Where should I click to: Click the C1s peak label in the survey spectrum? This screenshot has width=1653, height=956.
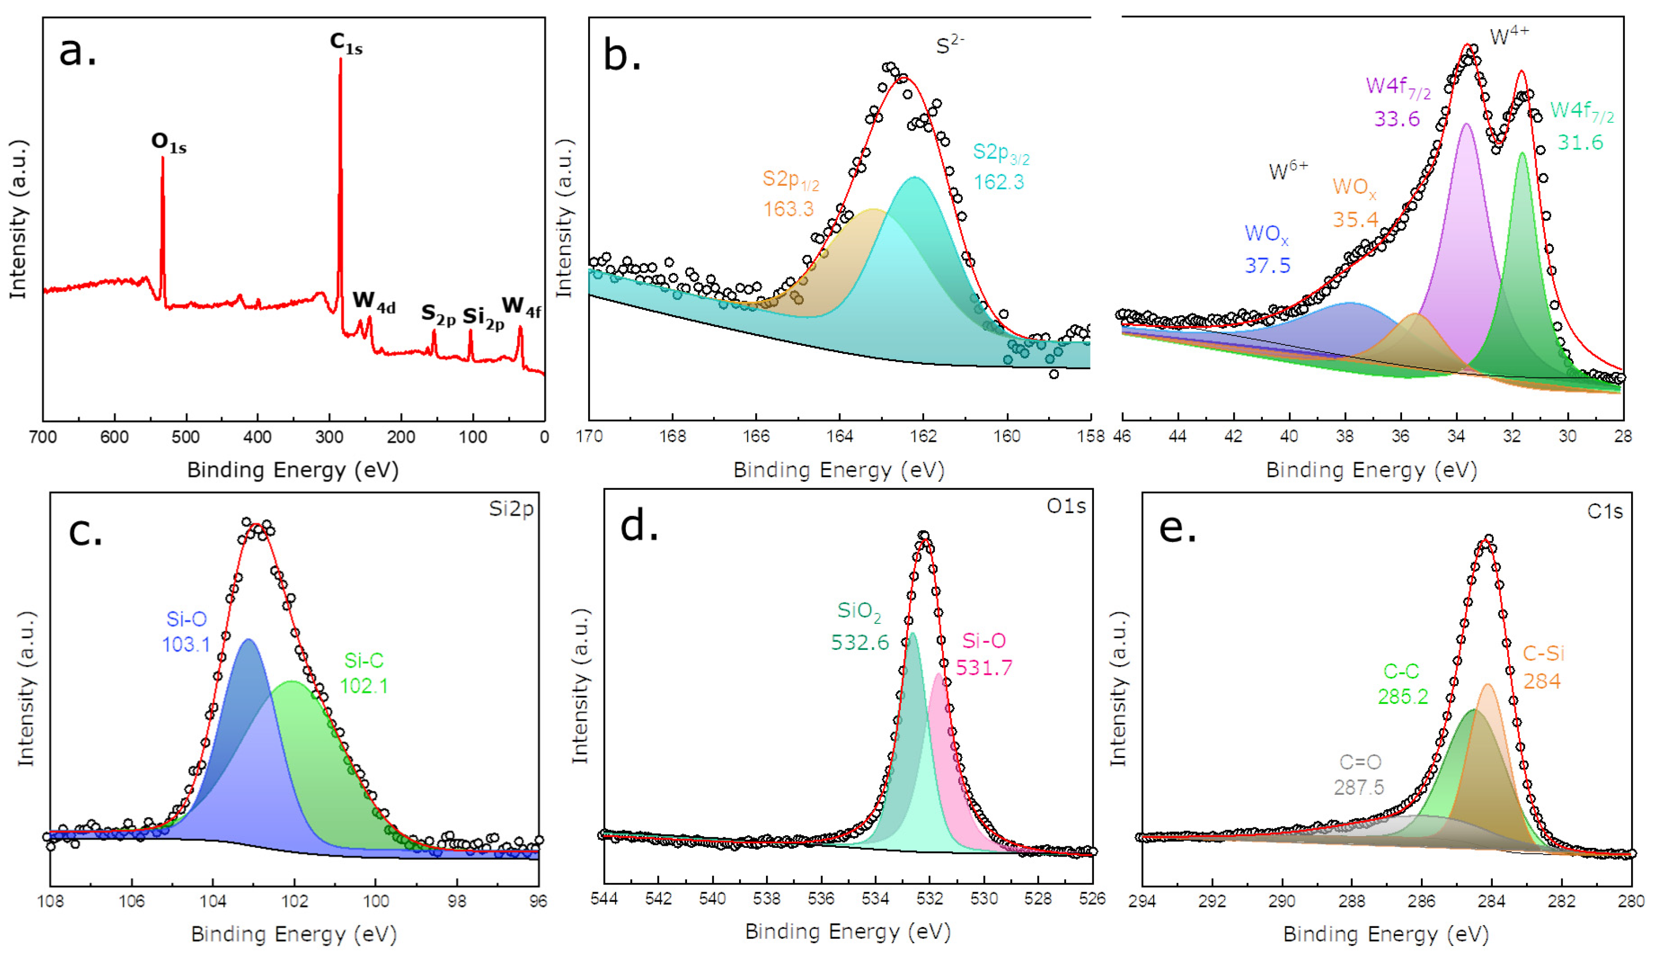[x=346, y=43]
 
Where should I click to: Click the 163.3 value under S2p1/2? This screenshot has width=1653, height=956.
[x=788, y=209]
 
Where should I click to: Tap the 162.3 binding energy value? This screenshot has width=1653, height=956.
[x=998, y=182]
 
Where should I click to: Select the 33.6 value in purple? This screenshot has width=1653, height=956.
[x=1396, y=119]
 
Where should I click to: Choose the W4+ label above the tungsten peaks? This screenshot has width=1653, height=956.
[x=1509, y=37]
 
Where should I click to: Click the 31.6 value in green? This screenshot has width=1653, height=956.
[x=1580, y=142]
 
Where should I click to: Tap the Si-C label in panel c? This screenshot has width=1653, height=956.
[x=364, y=660]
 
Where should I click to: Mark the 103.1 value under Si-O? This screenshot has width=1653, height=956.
[x=186, y=644]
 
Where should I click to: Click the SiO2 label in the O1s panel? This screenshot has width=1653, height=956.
[x=859, y=612]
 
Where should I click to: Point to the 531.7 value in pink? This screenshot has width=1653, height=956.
[x=984, y=668]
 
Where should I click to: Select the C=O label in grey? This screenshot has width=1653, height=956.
[x=1360, y=762]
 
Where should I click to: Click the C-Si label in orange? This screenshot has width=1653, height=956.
[x=1543, y=653]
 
